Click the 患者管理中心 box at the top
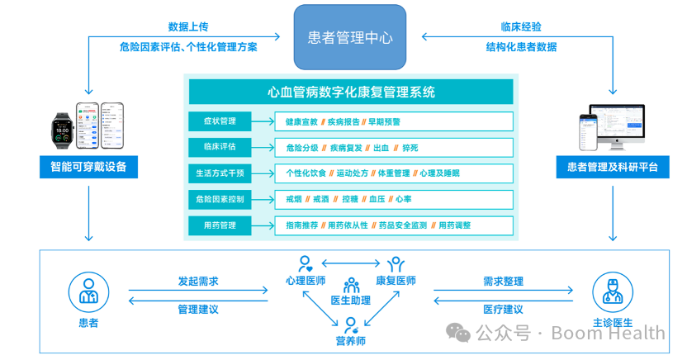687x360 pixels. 350,37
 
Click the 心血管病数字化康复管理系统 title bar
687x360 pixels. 351,92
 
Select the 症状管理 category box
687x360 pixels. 219,121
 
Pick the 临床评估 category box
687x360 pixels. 219,147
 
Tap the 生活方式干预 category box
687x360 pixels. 219,173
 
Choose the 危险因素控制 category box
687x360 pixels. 219,199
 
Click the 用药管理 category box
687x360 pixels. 219,225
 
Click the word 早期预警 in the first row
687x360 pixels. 384,121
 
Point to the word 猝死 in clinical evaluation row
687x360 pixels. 410,148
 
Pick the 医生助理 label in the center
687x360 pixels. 351,299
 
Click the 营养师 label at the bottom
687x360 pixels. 350,340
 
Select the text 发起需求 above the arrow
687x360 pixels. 198,282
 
